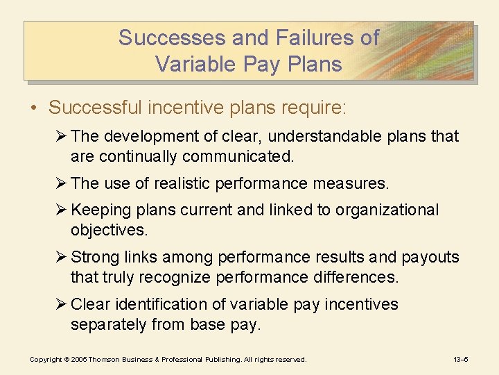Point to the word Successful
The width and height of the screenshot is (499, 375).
coord(96,108)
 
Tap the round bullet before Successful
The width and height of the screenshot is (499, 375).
coord(35,108)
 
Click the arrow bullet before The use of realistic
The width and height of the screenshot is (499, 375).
coord(62,183)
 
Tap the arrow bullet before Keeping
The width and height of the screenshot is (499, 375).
coord(62,210)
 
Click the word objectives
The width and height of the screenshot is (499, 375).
coord(110,230)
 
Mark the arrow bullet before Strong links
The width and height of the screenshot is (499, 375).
coord(62,257)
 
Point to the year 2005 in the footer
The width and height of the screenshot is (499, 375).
coord(77,359)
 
